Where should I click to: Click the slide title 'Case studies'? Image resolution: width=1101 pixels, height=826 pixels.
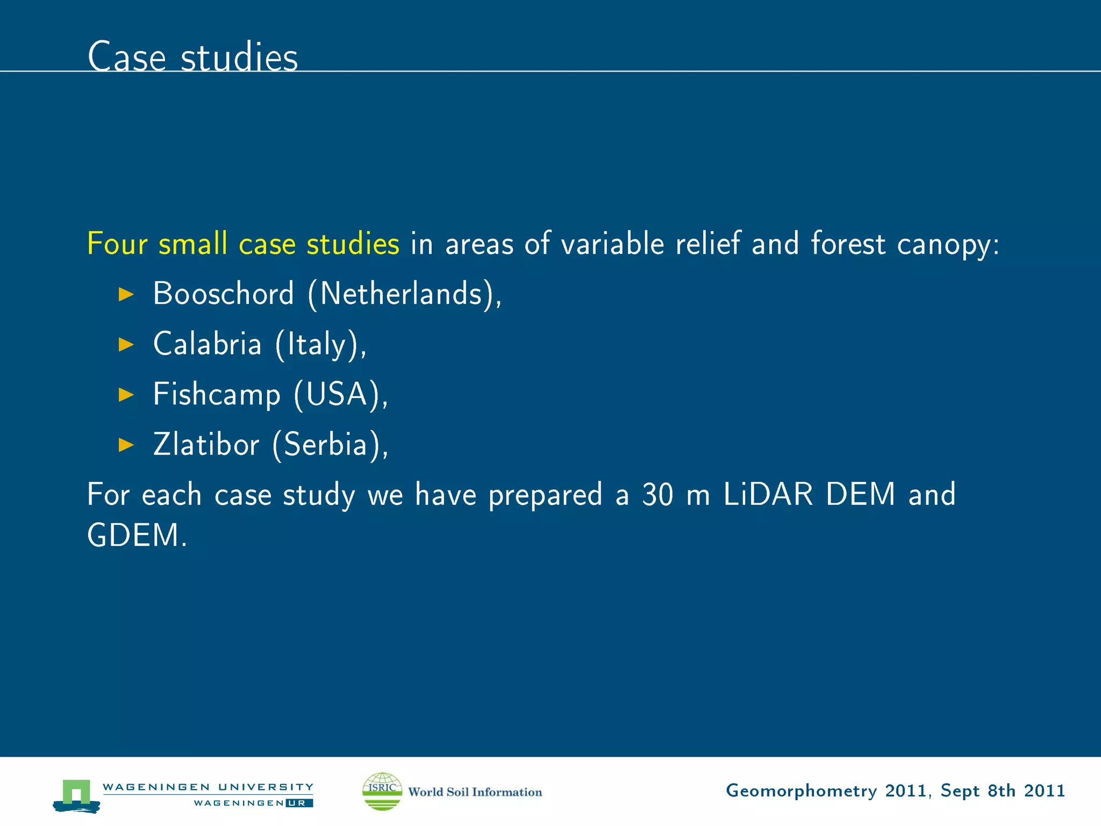coord(192,57)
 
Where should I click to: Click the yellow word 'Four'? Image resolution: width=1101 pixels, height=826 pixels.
coord(117,244)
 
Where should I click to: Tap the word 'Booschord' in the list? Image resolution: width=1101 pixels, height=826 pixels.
coord(223,294)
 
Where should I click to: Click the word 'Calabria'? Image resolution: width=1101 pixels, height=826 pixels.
coord(207,344)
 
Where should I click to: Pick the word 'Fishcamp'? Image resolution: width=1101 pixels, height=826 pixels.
coord(217,394)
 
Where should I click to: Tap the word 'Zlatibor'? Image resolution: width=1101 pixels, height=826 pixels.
coord(206,445)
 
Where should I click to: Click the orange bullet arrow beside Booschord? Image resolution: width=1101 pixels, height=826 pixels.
coord(126,294)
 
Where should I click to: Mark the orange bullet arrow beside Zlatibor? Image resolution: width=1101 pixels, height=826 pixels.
coord(126,445)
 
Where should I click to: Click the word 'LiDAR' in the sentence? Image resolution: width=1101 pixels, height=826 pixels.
coord(768,494)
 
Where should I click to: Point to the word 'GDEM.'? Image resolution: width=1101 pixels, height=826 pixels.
coord(137,536)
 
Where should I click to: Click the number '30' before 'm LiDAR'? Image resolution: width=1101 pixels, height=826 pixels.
coord(657,495)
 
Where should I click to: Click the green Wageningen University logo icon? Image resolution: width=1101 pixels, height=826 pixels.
coord(76,795)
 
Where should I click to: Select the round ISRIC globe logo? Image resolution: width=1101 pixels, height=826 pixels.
coord(382,791)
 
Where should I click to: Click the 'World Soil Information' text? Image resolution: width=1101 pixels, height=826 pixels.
coord(475,792)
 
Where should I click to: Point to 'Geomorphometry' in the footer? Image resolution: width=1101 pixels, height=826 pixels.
coord(801,791)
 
